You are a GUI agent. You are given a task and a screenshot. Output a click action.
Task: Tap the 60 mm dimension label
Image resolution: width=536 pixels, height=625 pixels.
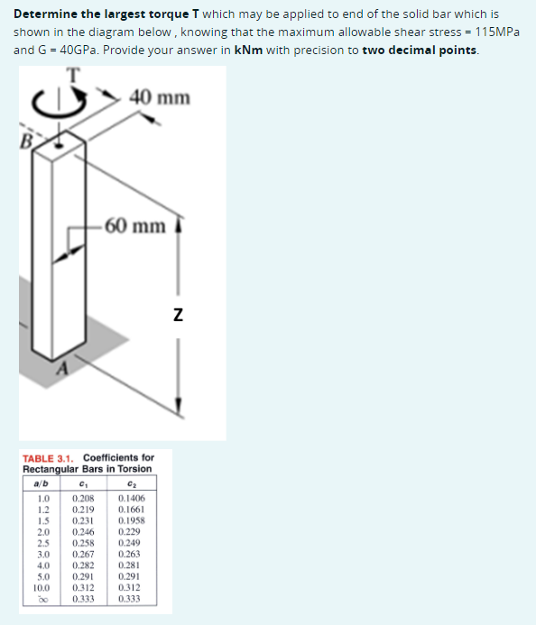pos(135,225)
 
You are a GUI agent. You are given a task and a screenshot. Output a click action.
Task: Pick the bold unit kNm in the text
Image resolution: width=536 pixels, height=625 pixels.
pos(246,49)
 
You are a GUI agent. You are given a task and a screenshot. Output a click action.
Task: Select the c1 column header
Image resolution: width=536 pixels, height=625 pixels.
pos(85,483)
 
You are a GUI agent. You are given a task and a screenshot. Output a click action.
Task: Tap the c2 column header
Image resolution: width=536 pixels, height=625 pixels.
pos(131,483)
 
